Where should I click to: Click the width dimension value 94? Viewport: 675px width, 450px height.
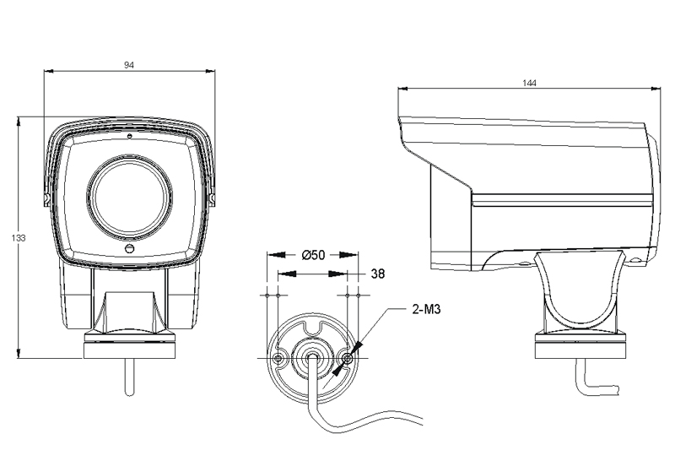(129, 65)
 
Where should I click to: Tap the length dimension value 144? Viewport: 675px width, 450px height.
(529, 83)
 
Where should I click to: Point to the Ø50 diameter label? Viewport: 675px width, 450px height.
(314, 255)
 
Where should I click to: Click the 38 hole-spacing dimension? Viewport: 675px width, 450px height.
(378, 274)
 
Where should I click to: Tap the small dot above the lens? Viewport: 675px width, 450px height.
(129, 136)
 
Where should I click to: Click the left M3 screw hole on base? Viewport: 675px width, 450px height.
(279, 361)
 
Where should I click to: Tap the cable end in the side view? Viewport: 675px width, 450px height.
(623, 390)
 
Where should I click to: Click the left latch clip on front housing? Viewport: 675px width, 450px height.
(46, 199)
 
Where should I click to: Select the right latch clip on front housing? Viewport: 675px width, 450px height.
(213, 199)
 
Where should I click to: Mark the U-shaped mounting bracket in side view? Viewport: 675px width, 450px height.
(580, 295)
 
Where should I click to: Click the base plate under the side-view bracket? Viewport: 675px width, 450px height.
(580, 345)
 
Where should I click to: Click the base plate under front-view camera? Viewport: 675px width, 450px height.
(129, 346)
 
